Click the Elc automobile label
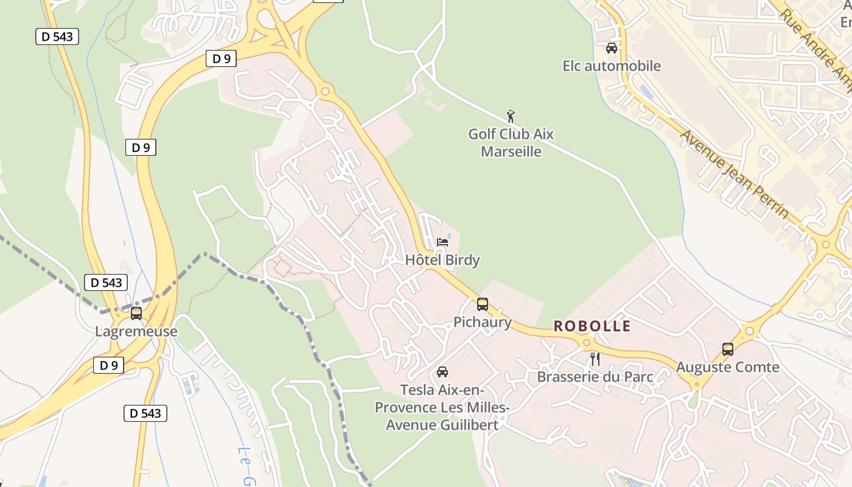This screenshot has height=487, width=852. pos(612,66)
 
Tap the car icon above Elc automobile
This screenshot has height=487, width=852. pos(612,48)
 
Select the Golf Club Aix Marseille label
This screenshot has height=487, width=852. pos(511,142)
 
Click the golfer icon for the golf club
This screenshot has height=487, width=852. pos(511,116)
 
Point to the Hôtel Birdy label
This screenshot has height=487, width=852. pos(442,260)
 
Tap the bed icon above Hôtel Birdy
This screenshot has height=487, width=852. pos(442,242)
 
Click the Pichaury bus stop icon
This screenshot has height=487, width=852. pos(483,304)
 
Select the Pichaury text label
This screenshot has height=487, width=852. pos(483,322)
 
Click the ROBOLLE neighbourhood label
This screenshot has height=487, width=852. pos(592,326)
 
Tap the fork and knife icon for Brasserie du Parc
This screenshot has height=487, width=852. pos(595,359)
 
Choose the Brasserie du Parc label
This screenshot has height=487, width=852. pos(595,377)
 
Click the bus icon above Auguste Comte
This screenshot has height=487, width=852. pos(728,349)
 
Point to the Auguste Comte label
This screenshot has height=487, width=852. pos(728,367)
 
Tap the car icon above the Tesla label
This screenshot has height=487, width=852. pos(442,372)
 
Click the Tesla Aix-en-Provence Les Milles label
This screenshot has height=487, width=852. pos(442,407)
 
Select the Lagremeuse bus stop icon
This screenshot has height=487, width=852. pos(136,314)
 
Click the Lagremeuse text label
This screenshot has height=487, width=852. pos(136,332)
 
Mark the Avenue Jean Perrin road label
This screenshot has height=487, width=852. pos(735,174)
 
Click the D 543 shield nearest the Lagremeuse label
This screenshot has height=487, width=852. pos(106,282)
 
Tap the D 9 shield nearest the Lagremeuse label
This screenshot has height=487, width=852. pos(108,365)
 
